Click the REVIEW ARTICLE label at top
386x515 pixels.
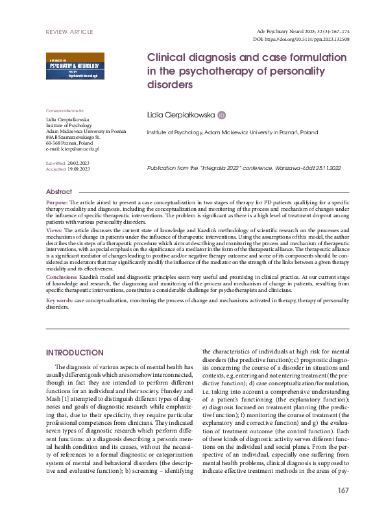point(69,31)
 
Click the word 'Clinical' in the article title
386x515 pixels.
point(168,57)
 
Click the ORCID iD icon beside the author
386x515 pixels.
point(221,115)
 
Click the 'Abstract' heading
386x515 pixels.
point(59,192)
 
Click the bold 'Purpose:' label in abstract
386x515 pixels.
point(56,203)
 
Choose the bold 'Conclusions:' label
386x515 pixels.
point(62,276)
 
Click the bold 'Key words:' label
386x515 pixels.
point(59,302)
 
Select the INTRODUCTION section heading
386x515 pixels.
point(75,353)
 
